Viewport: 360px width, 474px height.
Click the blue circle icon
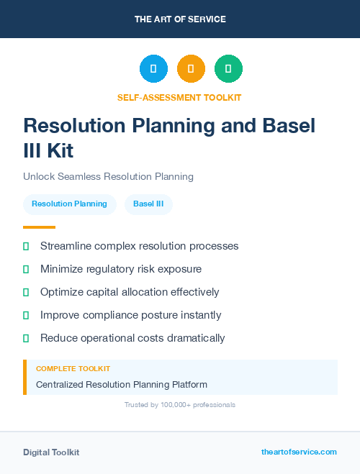pos(153,68)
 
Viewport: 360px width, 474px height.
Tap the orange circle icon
pos(191,68)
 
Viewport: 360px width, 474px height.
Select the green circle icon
pos(228,68)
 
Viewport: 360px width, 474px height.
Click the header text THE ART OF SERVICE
pos(180,19)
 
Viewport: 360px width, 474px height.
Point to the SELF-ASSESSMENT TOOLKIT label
pos(179,97)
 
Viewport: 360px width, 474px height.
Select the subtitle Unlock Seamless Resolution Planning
pos(108,176)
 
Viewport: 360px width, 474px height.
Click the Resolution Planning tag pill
pos(69,204)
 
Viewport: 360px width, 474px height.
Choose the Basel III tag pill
pos(148,204)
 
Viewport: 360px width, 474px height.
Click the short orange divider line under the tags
pos(39,227)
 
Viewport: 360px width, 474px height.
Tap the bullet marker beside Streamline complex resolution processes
pos(26,246)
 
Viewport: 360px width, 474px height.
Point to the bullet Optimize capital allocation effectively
pos(130,292)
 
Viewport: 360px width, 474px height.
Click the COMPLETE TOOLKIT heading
pos(73,368)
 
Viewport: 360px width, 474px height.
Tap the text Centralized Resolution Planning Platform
pos(122,384)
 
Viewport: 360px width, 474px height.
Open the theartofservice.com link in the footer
pos(299,452)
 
